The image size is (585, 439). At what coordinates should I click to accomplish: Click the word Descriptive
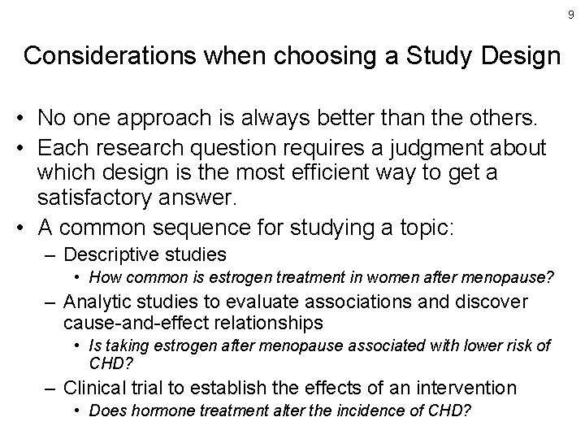pos(113,255)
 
